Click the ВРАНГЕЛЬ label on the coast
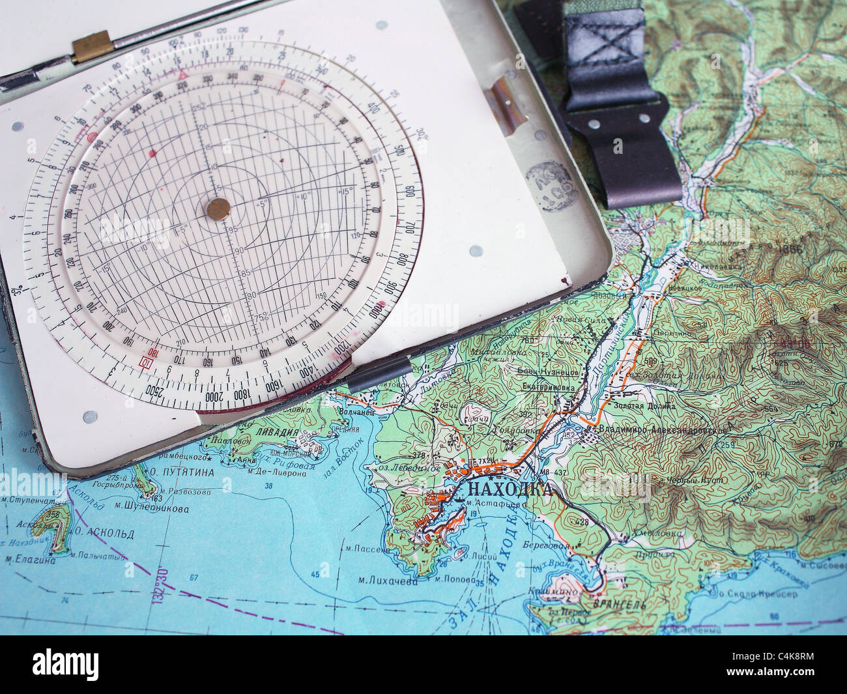(610, 605)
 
